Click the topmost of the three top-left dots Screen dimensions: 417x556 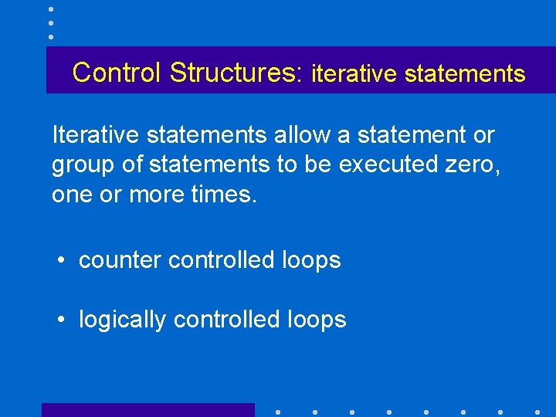[x=51, y=9]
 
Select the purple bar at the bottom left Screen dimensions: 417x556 [x=147, y=410]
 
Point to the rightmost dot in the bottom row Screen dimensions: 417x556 [x=537, y=412]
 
